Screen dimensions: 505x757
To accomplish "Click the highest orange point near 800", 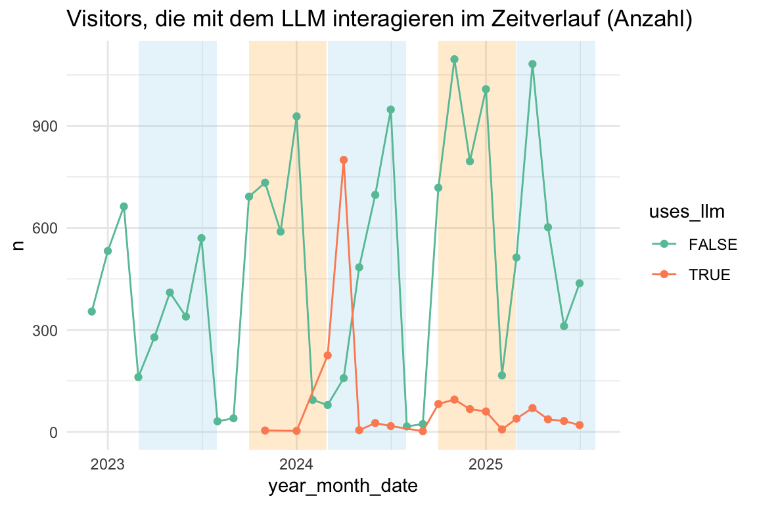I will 344,160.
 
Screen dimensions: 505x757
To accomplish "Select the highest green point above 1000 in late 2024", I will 454,59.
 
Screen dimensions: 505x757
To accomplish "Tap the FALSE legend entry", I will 712,245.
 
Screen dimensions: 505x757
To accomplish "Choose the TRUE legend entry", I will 709,275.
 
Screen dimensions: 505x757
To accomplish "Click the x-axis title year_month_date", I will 343,487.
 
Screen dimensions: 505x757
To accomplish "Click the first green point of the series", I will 92,311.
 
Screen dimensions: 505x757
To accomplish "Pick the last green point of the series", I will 580,283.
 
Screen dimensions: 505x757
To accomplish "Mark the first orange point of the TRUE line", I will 265,431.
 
